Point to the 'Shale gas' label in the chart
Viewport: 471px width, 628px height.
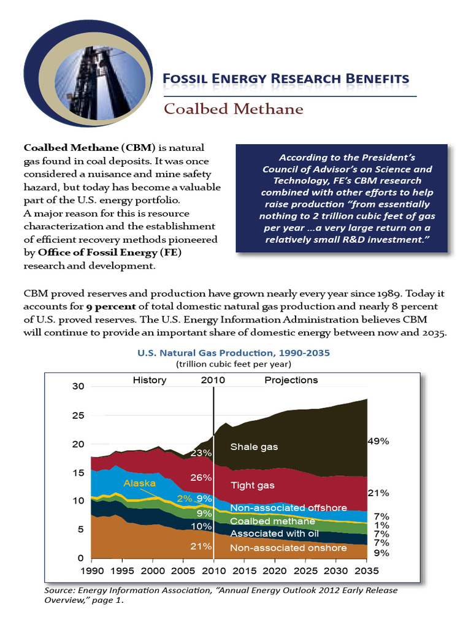pos(254,446)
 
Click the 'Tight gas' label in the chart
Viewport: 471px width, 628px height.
pos(252,485)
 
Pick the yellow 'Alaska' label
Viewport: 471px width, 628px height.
pos(139,483)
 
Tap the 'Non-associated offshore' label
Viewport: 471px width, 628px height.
pos(288,508)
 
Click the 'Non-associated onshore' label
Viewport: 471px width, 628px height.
pos(288,548)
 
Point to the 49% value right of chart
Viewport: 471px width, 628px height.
pos(377,441)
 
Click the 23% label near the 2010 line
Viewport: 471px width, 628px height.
pos(201,453)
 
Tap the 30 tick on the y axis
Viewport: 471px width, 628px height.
pos(77,386)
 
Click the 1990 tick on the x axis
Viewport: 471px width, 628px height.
pos(91,570)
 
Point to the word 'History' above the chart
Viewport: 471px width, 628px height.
pos(150,380)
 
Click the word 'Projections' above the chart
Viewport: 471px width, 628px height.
pos(291,380)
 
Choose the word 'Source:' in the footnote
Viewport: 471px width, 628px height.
pos(60,591)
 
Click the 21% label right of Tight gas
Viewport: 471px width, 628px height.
pos(377,492)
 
